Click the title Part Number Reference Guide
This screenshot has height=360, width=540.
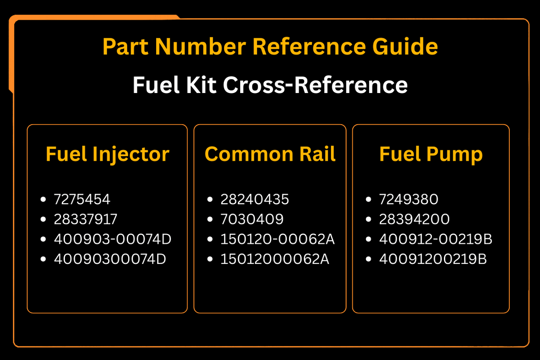[270, 46]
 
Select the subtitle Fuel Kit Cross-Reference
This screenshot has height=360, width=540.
[270, 85]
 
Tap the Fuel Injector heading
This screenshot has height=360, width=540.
[107, 154]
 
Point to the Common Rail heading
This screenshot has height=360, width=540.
[270, 154]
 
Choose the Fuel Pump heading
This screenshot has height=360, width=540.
[431, 154]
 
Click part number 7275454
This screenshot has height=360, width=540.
[82, 199]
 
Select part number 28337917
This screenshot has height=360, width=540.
[85, 219]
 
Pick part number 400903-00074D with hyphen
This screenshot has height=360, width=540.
[113, 239]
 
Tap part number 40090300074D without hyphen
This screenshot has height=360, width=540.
[110, 259]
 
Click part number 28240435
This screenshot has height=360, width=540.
[254, 199]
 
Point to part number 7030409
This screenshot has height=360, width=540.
[252, 219]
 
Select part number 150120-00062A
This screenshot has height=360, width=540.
[278, 239]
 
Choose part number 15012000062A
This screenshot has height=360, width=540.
[275, 259]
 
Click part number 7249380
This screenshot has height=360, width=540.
[408, 199]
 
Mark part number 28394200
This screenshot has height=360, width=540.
[414, 219]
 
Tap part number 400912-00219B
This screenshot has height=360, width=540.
[435, 239]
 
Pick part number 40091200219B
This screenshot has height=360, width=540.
[433, 259]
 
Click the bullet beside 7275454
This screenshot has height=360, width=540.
[43, 199]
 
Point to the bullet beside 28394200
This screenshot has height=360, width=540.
[368, 219]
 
